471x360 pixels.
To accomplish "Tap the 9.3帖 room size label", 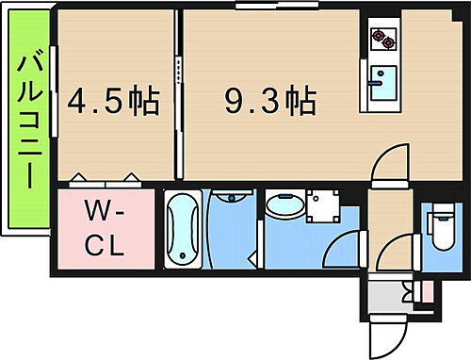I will (268, 99).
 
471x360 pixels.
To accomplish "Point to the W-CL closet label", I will (106, 228).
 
